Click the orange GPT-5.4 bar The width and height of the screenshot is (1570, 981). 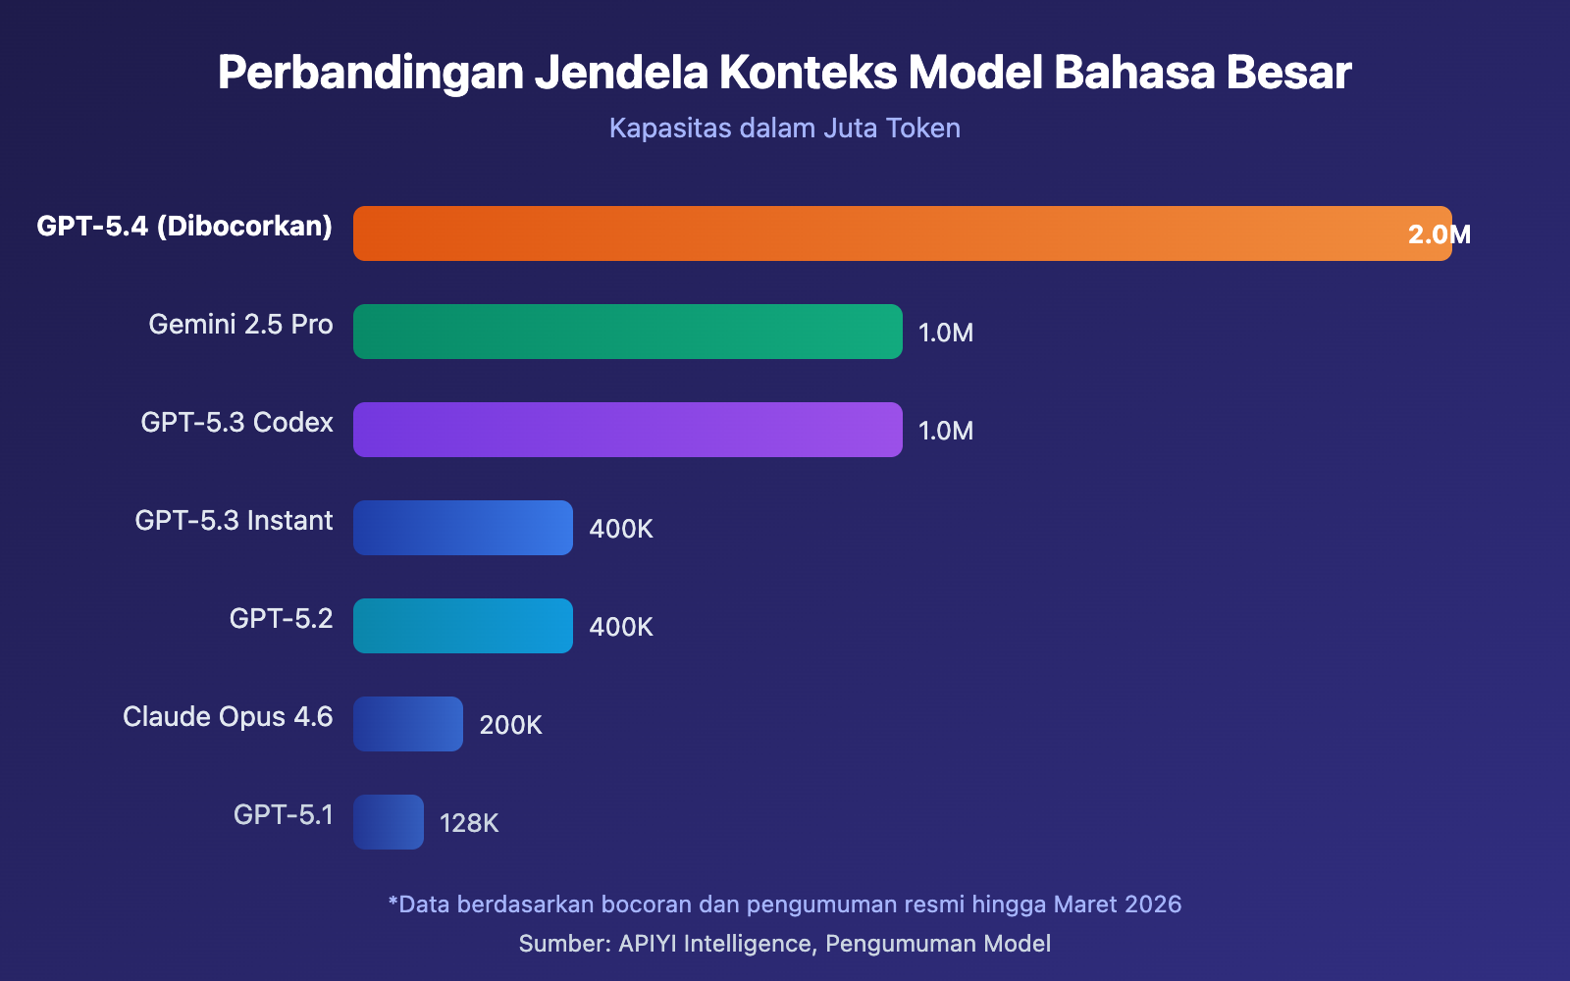coord(883,233)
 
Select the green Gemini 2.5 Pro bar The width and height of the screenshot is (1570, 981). coord(628,332)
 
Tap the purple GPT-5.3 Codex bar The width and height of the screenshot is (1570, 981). coord(628,430)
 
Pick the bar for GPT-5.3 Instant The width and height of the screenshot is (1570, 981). coord(463,528)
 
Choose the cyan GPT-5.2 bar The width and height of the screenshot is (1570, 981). coord(463,626)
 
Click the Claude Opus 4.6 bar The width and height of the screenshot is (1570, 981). coord(408,724)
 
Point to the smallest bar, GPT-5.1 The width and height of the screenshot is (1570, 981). coord(389,822)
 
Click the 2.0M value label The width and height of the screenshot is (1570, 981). coord(1439,234)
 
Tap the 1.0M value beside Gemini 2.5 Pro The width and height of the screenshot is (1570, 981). coord(946,333)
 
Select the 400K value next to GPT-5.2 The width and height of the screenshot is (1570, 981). coord(621,627)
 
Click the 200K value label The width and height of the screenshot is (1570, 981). coord(510,725)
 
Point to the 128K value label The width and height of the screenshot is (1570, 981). coord(469,823)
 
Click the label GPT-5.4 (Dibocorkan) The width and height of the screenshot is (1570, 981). coord(184,227)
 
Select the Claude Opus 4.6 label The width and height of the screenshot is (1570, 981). coord(228,717)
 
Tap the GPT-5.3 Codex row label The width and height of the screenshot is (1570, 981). coord(236,423)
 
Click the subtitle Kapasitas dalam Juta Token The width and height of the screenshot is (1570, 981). coord(785,129)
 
